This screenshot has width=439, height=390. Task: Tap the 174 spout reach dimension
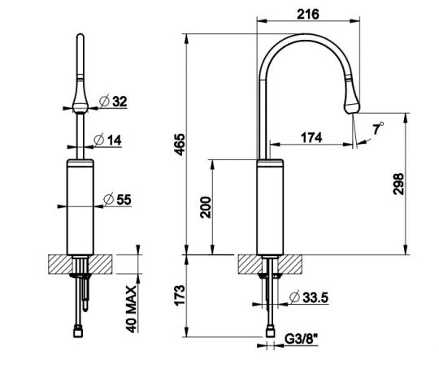(x=310, y=137)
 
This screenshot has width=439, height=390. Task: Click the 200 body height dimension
(x=206, y=207)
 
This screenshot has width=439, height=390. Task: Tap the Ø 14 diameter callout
(x=111, y=139)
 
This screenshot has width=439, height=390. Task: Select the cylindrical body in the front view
(x=81, y=207)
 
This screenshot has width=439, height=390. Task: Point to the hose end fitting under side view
(x=270, y=331)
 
